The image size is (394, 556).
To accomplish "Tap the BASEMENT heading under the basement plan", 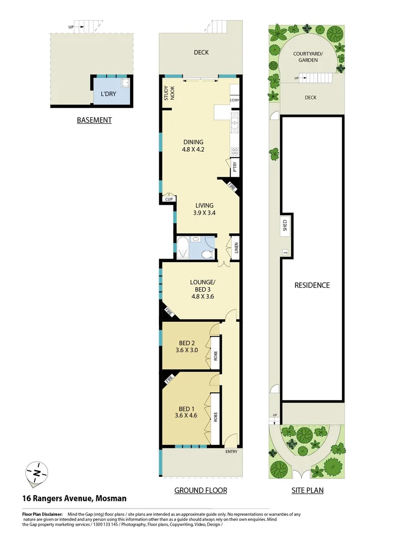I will coord(94,120).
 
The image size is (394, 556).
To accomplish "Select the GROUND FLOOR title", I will coord(201,490).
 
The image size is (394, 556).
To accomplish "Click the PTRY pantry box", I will coord(235,167).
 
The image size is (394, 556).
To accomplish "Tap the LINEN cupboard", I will coord(236,248).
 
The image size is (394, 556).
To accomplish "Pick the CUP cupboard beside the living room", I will coord(169,199).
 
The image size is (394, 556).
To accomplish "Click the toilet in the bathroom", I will coord(206,253).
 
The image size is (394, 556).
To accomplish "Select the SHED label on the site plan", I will coord(285,225).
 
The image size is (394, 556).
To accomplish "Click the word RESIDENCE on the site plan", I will coord(312,285).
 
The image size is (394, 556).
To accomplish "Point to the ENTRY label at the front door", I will coord(232,451).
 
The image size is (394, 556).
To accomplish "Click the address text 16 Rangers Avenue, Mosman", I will coord(74,498).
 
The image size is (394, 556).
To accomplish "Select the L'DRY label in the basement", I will coord(108,94).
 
